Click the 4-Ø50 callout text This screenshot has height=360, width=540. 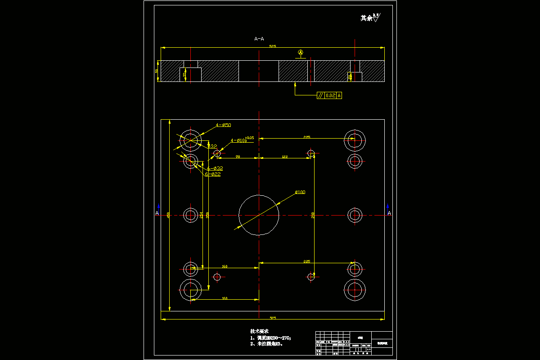tap(223, 125)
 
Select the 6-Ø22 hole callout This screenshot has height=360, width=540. tap(212, 174)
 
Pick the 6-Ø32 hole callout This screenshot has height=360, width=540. tap(215, 168)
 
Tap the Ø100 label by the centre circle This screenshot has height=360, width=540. tap(300, 192)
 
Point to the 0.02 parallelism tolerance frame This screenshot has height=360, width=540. tap(329, 95)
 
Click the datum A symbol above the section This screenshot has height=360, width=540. tap(301, 53)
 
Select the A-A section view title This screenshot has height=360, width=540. tap(259, 39)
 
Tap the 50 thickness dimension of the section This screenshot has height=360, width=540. tap(157, 71)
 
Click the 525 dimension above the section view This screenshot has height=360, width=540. tap(272, 46)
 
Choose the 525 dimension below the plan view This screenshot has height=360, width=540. tap(272, 317)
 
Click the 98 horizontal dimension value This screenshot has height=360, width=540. tap(238, 156)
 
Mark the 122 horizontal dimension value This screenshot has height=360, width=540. tap(284, 156)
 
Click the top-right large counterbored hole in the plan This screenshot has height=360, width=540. tap(355, 140)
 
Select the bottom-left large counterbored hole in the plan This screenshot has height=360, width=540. tap(190, 289)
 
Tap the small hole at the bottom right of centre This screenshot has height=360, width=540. tap(311, 277)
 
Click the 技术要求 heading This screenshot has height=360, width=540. tap(259, 331)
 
